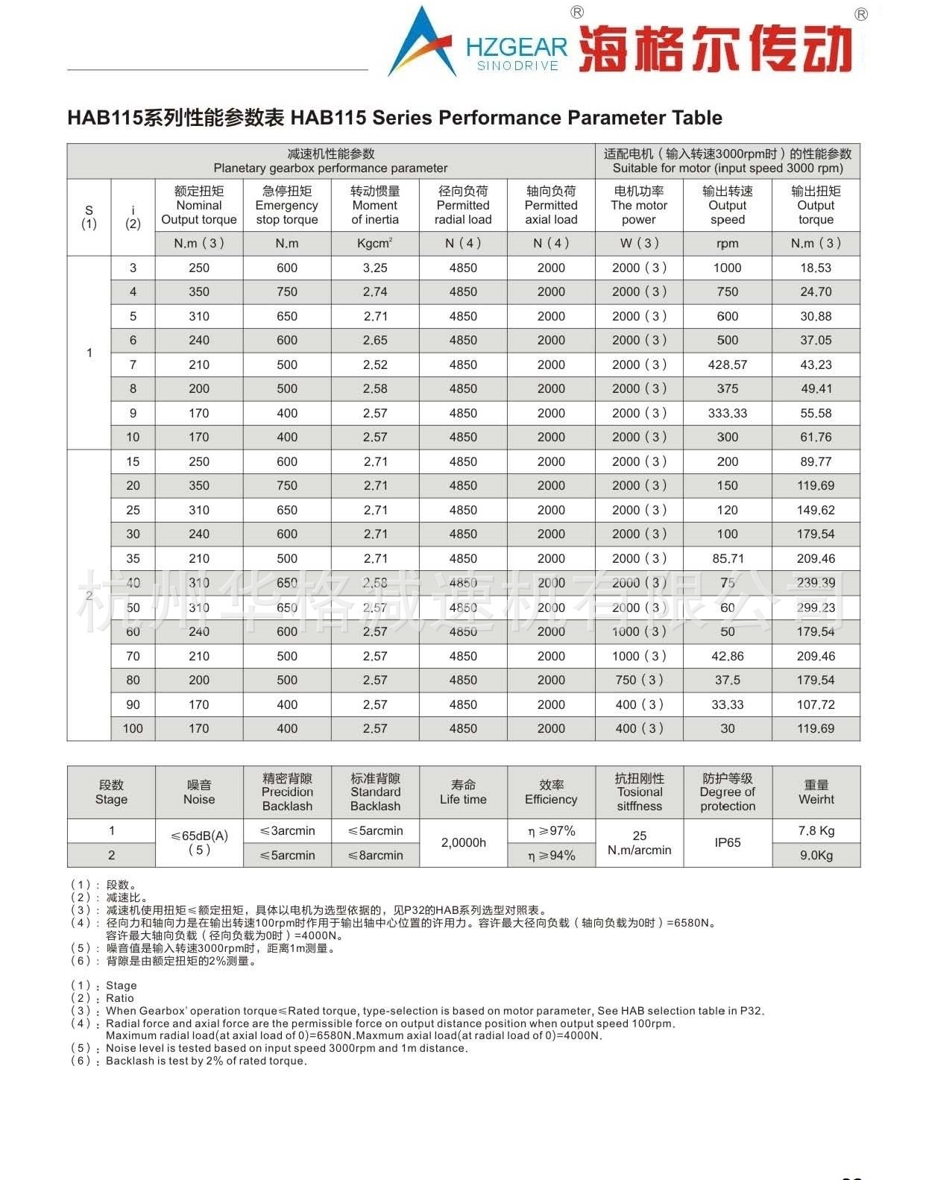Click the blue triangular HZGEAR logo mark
coord(421,43)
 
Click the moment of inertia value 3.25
coord(375,268)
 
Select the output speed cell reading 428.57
coord(727,365)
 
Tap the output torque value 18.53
coord(816,268)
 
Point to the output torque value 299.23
coord(816,608)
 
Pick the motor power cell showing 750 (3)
coord(639,680)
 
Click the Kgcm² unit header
coord(375,243)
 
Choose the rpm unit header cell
coord(727,243)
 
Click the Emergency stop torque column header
coord(287,205)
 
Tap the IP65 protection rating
coord(727,842)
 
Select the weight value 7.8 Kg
coord(816,830)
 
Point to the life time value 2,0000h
coord(463,842)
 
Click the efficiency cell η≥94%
coord(551,855)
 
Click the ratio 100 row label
coord(133,728)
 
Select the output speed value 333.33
coord(727,413)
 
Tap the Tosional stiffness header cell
coord(639,792)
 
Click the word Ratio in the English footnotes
coord(120,998)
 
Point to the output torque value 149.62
coord(816,510)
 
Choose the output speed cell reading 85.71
coord(727,558)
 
